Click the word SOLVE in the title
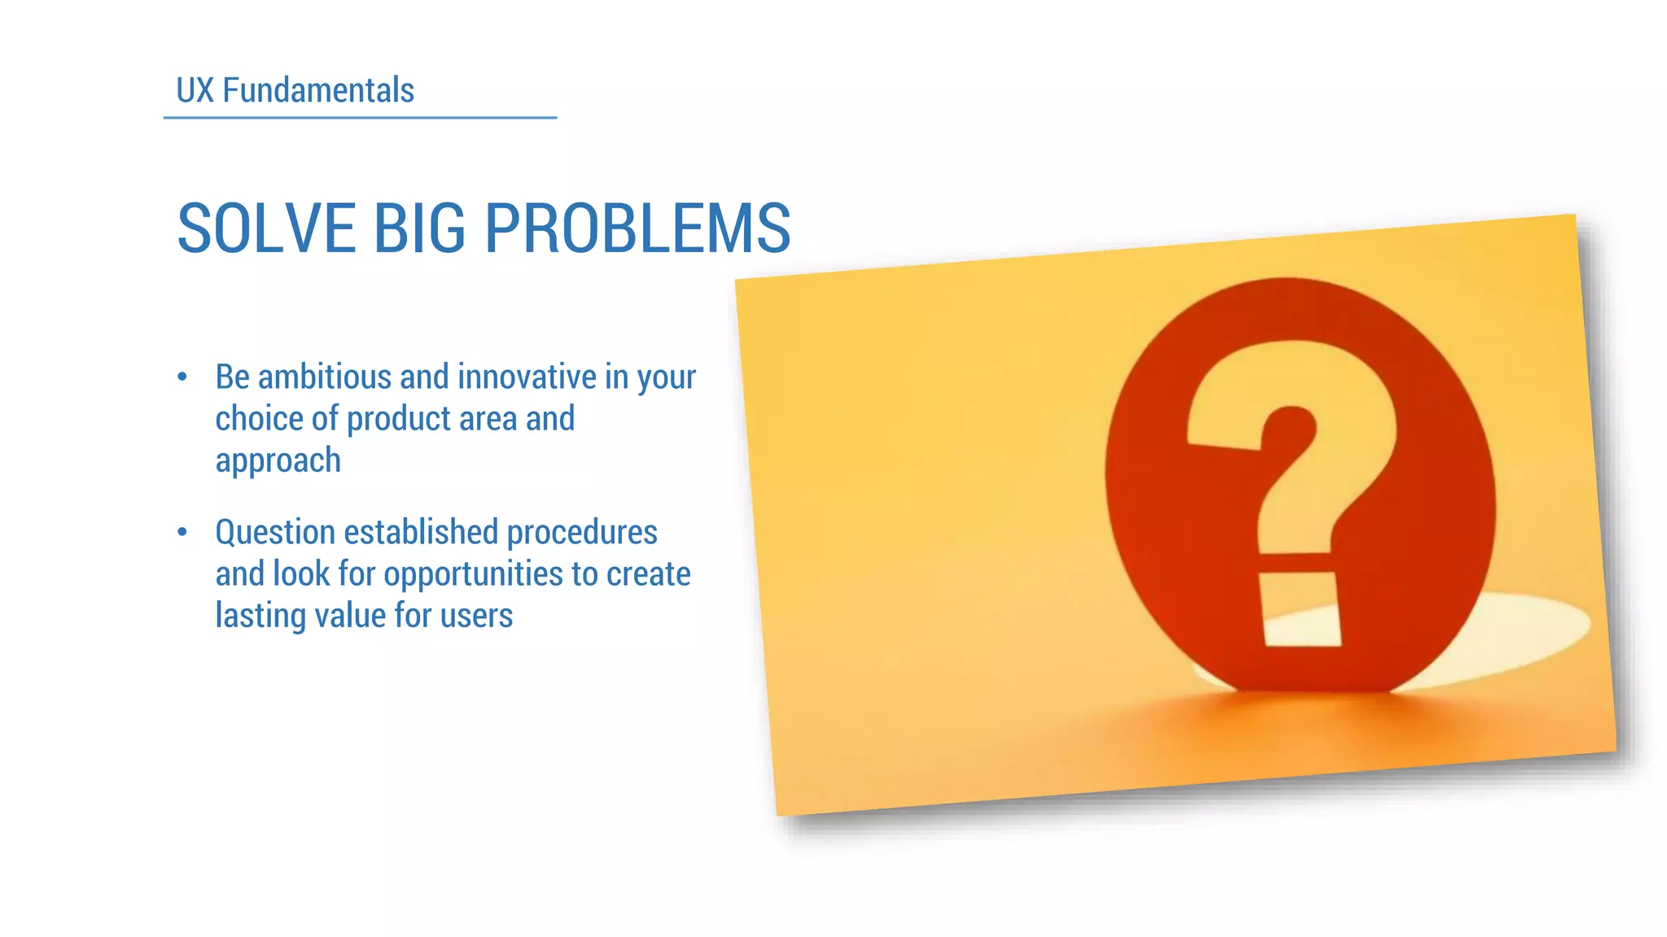[x=265, y=229]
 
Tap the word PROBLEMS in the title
[x=637, y=229]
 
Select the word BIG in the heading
[x=419, y=229]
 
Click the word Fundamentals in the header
[x=318, y=90]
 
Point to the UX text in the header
[x=195, y=90]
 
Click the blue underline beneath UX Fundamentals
[x=360, y=118]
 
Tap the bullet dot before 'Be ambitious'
[x=182, y=377]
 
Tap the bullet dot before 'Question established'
[x=182, y=532]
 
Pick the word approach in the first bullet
[x=278, y=461]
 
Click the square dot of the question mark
[x=1300, y=610]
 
